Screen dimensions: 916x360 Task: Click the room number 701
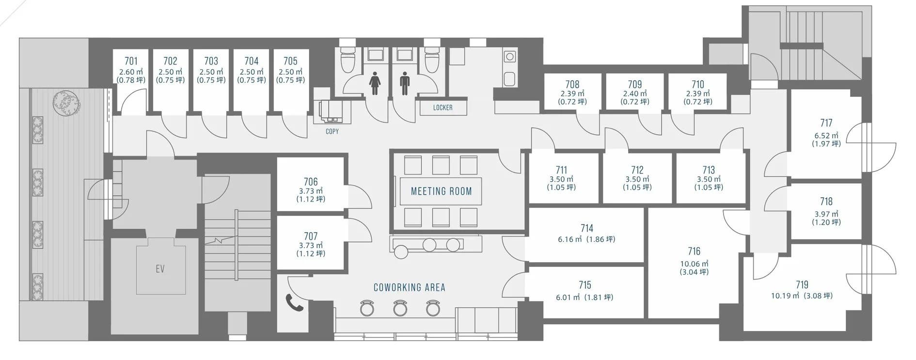click(x=131, y=61)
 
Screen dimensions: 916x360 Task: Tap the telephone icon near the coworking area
click(x=294, y=302)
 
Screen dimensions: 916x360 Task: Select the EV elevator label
click(x=160, y=269)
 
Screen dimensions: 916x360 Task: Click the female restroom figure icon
click(x=374, y=84)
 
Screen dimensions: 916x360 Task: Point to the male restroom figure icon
click(x=405, y=84)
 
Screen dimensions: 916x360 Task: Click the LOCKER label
click(x=443, y=108)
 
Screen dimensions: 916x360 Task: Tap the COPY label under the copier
click(x=332, y=131)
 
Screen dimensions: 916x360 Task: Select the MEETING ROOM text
click(x=442, y=191)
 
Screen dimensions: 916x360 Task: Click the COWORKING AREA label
click(x=410, y=287)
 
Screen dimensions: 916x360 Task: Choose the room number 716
click(x=694, y=251)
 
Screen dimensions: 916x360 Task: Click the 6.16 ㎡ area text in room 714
click(x=570, y=239)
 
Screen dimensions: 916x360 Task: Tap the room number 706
click(x=311, y=182)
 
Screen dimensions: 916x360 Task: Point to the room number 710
click(x=698, y=84)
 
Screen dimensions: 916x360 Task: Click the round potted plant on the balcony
click(x=66, y=103)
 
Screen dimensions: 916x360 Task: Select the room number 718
click(x=826, y=201)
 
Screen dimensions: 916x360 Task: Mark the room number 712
click(x=637, y=170)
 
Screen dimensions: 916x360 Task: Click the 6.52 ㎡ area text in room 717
click(x=826, y=136)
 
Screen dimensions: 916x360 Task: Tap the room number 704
click(x=252, y=61)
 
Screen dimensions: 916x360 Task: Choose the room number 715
click(x=585, y=285)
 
